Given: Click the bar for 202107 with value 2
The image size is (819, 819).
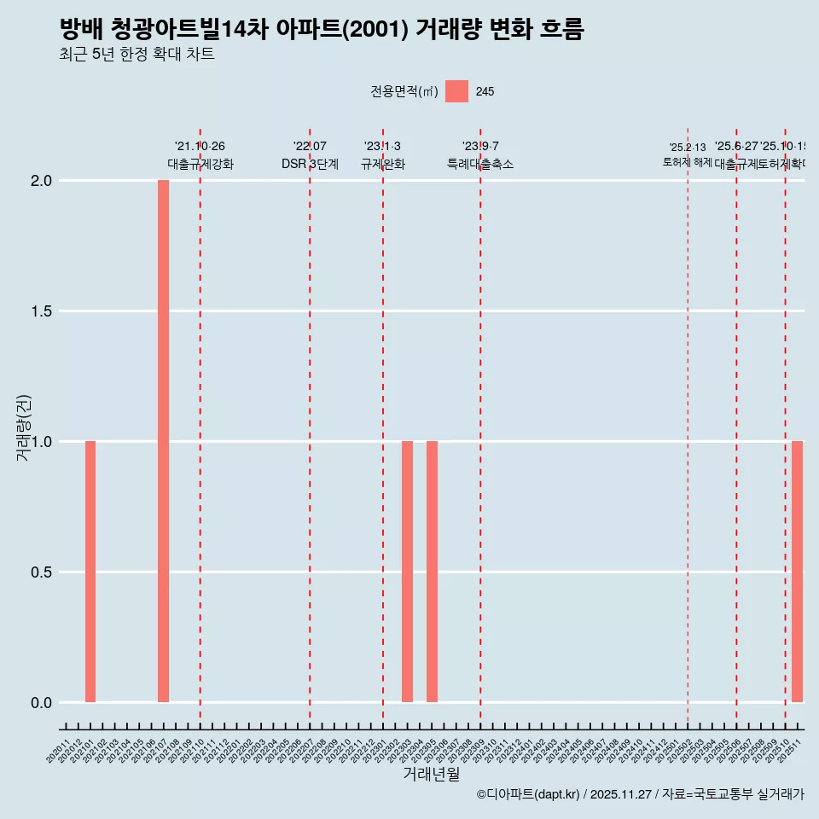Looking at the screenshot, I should (163, 441).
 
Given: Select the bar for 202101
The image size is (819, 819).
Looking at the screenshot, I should (90, 572).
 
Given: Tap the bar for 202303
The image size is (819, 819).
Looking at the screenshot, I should (407, 572).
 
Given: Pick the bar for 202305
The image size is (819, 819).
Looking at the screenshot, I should (432, 572).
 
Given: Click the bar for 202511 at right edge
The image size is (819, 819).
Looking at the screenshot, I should (797, 572).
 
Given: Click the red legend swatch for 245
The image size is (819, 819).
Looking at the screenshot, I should (456, 91).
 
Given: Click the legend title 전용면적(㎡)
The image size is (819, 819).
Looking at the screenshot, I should (404, 91).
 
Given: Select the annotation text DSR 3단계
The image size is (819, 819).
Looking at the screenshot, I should (310, 165).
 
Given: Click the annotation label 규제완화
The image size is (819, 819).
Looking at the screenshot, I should (382, 165).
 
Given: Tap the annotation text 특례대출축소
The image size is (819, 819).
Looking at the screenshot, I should (480, 165).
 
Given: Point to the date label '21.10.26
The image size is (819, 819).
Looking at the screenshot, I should (200, 147).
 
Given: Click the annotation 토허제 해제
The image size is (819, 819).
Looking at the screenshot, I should (687, 162).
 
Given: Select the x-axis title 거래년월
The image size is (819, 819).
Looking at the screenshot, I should (431, 774).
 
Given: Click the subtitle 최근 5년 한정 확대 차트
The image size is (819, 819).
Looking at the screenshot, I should (136, 55).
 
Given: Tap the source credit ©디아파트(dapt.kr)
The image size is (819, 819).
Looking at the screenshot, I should (528, 794).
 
